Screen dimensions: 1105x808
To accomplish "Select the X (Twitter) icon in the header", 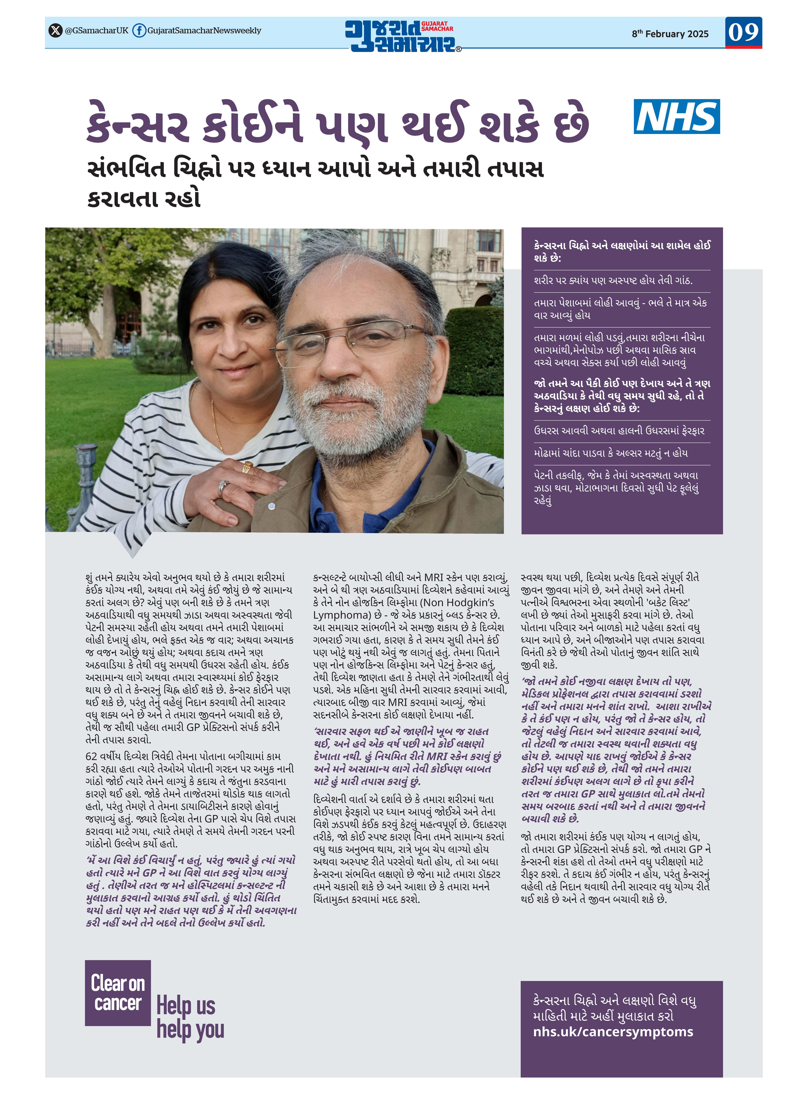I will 55,30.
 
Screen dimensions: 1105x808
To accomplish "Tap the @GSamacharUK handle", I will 96,30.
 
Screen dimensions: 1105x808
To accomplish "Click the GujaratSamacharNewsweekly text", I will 204,30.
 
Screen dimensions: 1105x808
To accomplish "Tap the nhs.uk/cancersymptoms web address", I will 613,1031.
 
